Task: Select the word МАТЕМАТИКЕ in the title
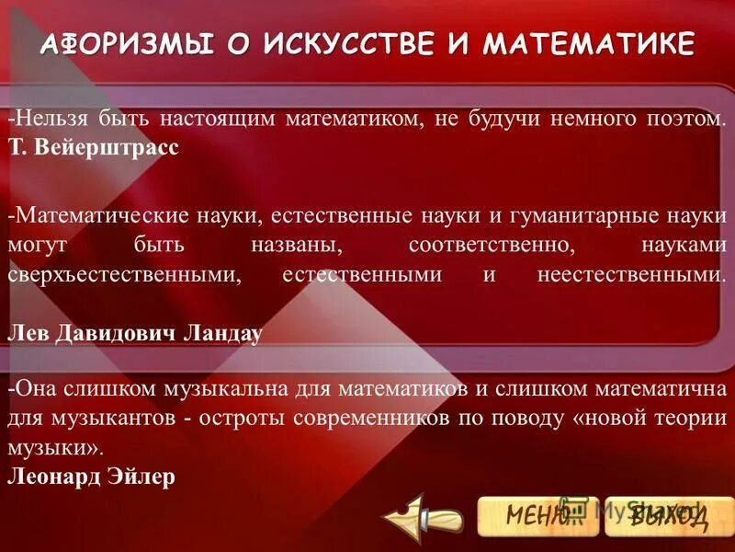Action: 589,43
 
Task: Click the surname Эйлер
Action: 141,478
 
